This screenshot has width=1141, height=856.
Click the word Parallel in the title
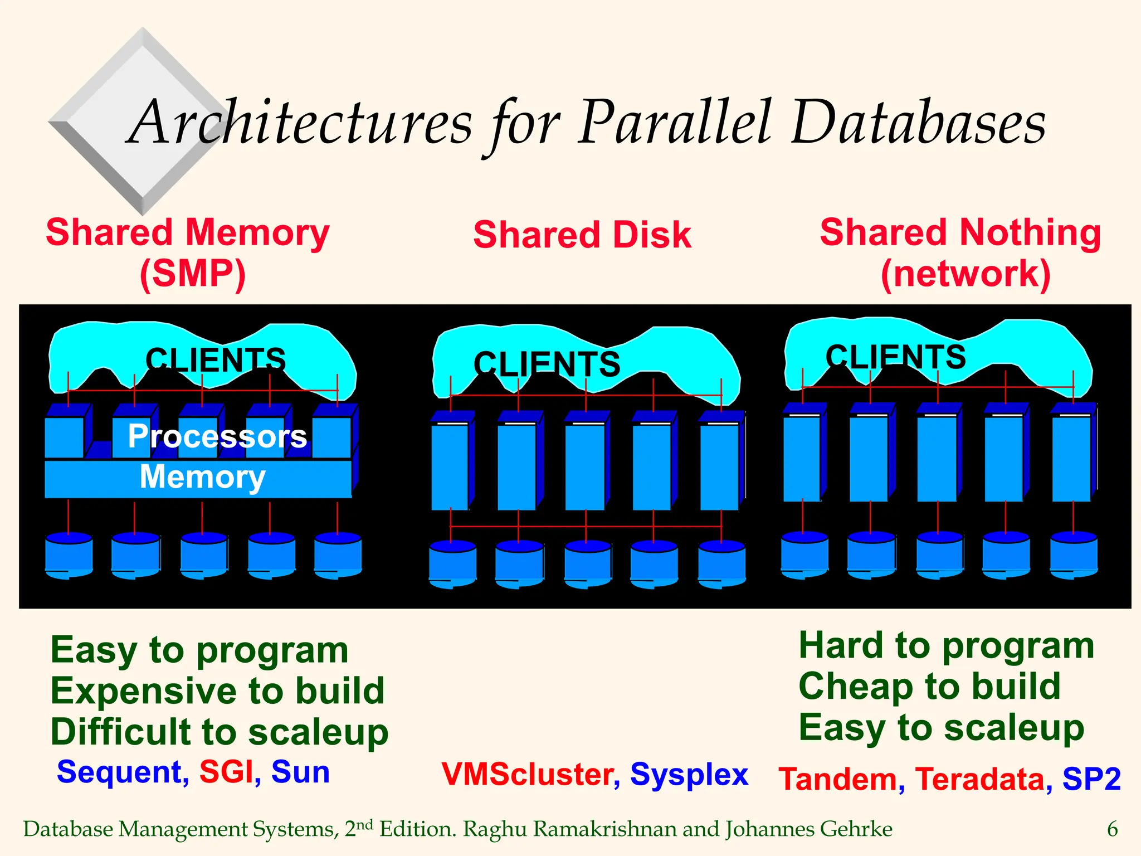(674, 124)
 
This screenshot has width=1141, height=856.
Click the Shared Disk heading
(582, 235)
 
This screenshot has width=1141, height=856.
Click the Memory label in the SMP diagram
(202, 477)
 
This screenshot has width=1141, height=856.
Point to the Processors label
(217, 436)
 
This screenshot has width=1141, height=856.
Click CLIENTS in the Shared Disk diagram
(547, 364)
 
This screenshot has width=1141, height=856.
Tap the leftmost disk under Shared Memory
(69, 555)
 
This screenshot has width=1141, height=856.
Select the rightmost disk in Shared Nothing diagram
(1074, 554)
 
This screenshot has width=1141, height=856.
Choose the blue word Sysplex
(689, 775)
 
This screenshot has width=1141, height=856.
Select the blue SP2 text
(1091, 779)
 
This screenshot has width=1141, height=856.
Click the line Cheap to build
(929, 687)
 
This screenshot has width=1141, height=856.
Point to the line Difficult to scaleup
(219, 732)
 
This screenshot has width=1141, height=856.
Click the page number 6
(1112, 829)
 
